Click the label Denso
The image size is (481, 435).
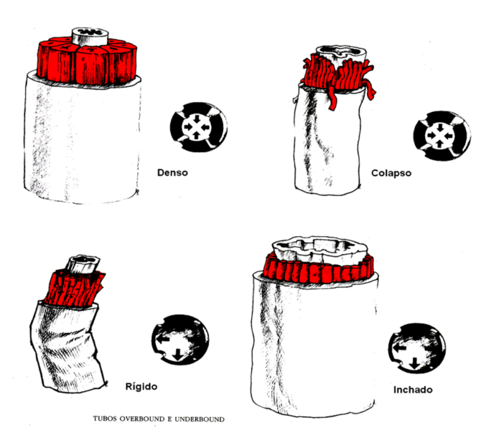point(172,173)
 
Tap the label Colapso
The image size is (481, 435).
point(391,173)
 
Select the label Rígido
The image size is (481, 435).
point(141,386)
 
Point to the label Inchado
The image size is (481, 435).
point(413,390)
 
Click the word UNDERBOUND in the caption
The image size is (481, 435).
point(200,419)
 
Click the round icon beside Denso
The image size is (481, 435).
point(199,127)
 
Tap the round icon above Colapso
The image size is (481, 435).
point(442,136)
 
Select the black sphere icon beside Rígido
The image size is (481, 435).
point(180,340)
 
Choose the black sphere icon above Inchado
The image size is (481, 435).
point(417,348)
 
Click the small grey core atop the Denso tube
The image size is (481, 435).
point(90,37)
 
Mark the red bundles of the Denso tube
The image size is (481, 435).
point(88,61)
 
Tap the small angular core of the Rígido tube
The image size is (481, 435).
point(83,264)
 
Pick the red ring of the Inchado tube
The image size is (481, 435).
point(319,270)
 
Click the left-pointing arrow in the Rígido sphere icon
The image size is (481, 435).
point(163,340)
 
